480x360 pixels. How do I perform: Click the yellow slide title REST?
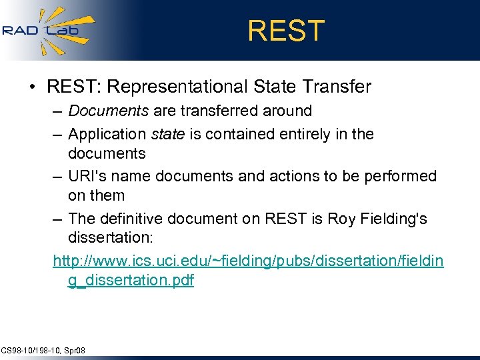pos(286,31)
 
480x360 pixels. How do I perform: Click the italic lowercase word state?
pos(167,134)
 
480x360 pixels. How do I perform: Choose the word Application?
pos(107,134)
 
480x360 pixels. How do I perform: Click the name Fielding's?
pos(393,219)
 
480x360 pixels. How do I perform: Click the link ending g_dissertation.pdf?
pos(131,281)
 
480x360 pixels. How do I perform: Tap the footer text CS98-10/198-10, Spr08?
pos(43,350)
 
